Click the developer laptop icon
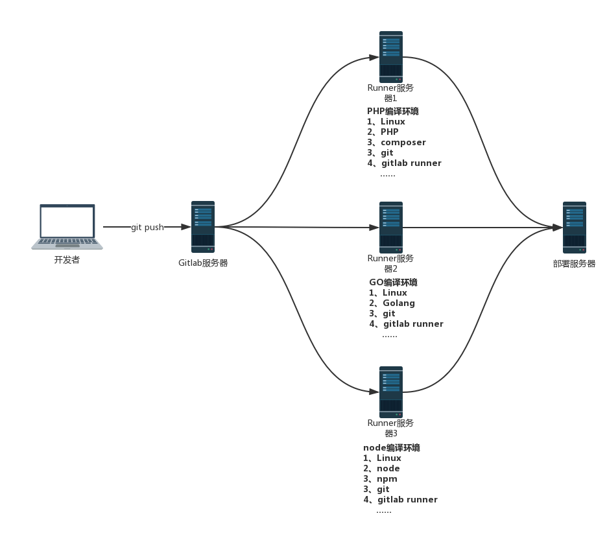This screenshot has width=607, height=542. (67, 226)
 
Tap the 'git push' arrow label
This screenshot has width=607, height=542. (147, 228)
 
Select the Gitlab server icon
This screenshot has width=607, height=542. (202, 226)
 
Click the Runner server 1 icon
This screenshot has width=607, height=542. (391, 57)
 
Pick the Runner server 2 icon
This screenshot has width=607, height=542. (391, 227)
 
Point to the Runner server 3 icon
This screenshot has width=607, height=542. (391, 392)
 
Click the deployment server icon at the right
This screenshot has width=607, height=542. (574, 227)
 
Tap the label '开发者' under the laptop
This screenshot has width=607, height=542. (67, 261)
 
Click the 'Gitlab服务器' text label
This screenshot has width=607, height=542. (203, 263)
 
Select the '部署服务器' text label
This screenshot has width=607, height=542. (574, 264)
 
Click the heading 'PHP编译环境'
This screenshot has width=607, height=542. (393, 112)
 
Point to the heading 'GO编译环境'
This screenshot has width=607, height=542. (393, 283)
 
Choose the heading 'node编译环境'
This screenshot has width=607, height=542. (392, 448)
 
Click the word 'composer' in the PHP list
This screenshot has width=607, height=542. (403, 143)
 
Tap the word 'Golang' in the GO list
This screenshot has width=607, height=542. (399, 303)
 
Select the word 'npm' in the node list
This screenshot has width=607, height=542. (387, 479)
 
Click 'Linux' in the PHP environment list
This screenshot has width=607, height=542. (393, 122)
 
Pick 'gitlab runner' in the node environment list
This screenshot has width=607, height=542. (407, 500)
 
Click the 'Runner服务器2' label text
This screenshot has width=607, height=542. (390, 263)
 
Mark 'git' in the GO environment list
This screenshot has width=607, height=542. (389, 314)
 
